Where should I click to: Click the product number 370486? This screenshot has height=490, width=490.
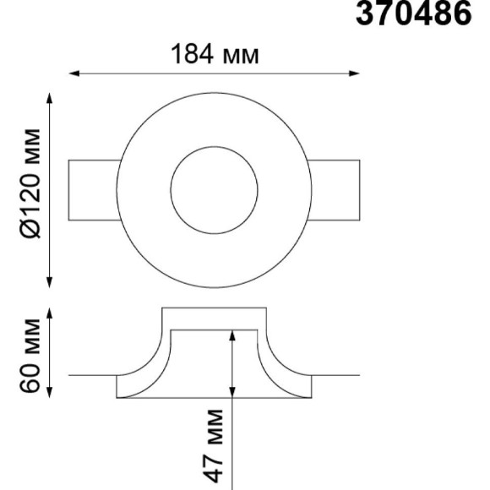click(413, 14)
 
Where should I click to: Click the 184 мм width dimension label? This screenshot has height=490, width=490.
click(215, 54)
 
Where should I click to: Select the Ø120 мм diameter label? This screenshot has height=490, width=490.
click(30, 183)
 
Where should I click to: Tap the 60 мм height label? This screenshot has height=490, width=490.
click(30, 355)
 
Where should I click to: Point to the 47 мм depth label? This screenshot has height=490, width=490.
click(214, 446)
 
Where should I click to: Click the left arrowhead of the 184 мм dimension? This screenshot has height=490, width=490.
click(73, 73)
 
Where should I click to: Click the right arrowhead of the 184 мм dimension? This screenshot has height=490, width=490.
click(354, 73)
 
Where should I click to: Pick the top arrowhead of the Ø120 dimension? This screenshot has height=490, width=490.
click(49, 98)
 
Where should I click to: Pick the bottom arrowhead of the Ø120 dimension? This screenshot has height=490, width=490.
click(49, 282)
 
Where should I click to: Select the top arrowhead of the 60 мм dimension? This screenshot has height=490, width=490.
click(49, 313)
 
